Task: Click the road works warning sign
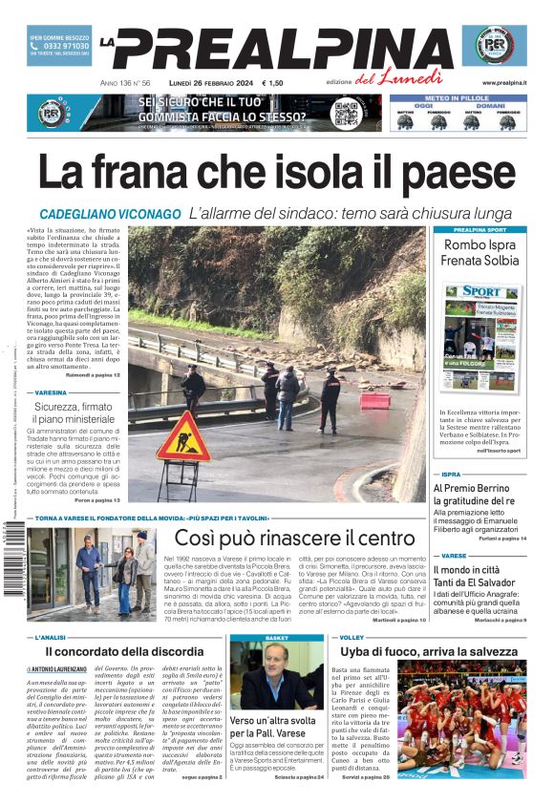[x=183, y=438]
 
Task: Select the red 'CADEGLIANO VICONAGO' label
[x=111, y=214]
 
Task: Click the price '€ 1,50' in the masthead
[x=272, y=83]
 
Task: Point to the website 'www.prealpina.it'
[x=503, y=83]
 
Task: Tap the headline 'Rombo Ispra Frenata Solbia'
[x=481, y=252]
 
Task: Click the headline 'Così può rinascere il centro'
[x=294, y=538]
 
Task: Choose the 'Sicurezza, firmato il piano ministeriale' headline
[x=78, y=413]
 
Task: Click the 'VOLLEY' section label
[x=352, y=637]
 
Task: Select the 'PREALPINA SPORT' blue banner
[x=480, y=230]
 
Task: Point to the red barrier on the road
[x=374, y=400]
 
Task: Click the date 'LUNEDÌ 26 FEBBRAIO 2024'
[x=202, y=83]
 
